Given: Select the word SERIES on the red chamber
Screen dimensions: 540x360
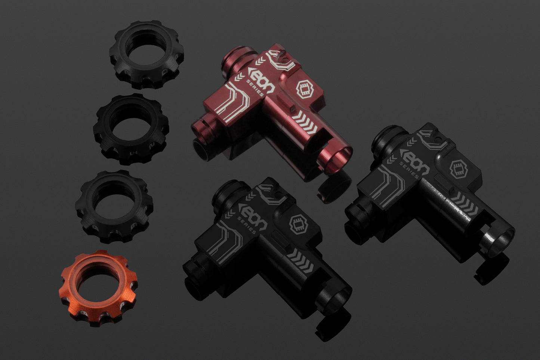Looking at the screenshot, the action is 255,88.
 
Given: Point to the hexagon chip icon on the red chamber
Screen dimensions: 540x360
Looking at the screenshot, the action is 305,89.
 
